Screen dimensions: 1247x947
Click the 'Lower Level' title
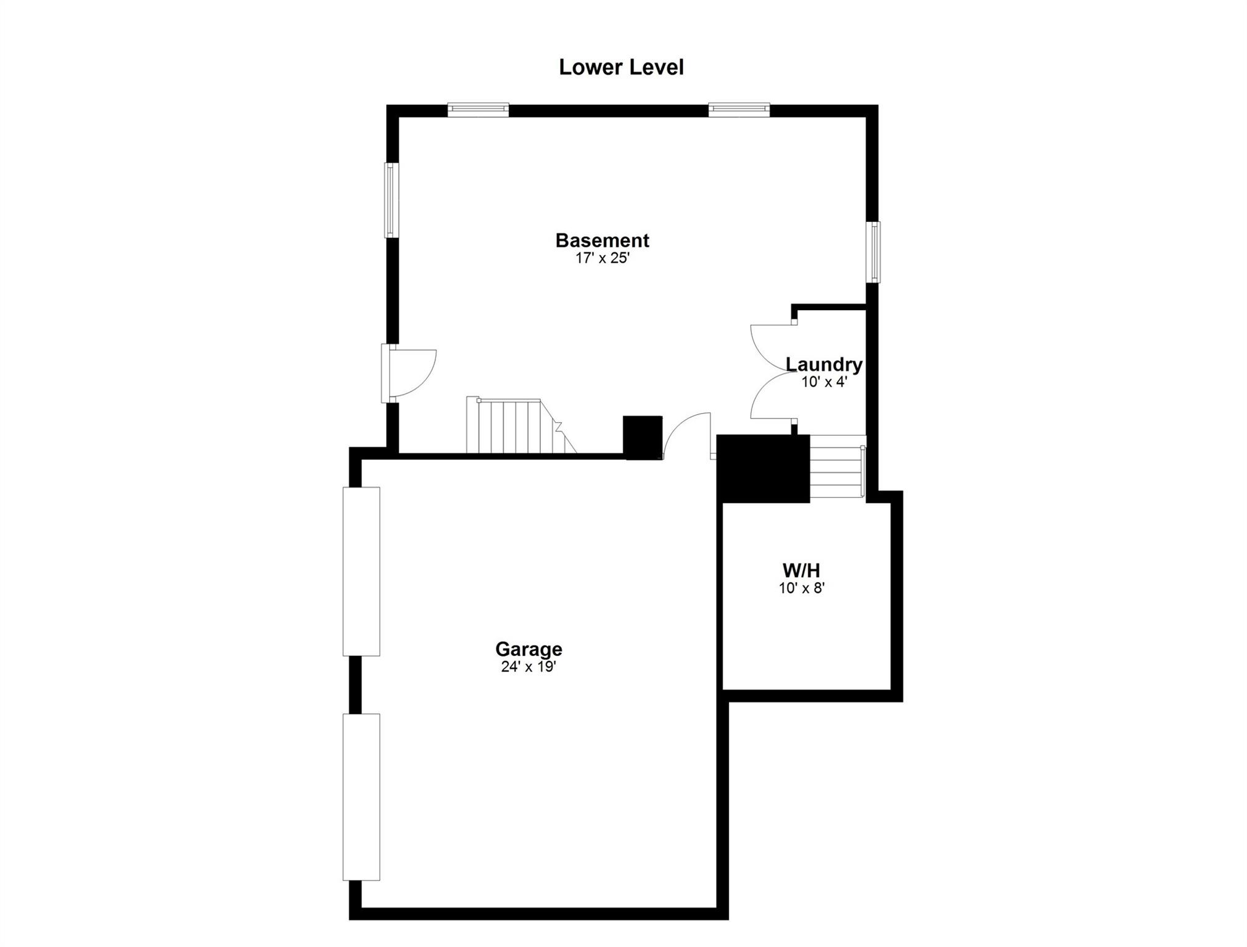[621, 67]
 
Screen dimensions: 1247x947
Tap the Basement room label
[602, 240]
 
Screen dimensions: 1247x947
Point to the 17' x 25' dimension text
[602, 258]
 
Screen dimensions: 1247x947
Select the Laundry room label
[824, 364]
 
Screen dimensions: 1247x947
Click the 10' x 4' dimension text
[824, 382]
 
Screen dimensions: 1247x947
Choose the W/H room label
[801, 570]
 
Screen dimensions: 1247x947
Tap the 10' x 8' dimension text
[801, 588]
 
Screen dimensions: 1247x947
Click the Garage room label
[529, 649]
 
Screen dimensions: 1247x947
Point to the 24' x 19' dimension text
[529, 666]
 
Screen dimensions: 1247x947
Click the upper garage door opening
[361, 572]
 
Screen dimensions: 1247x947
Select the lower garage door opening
[361, 797]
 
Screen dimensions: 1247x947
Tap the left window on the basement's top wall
[478, 110]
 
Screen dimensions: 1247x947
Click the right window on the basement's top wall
[739, 110]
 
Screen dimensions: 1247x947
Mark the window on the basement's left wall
[391, 200]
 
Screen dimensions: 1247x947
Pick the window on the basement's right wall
[873, 252]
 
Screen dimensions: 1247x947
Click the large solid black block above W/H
[763, 469]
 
